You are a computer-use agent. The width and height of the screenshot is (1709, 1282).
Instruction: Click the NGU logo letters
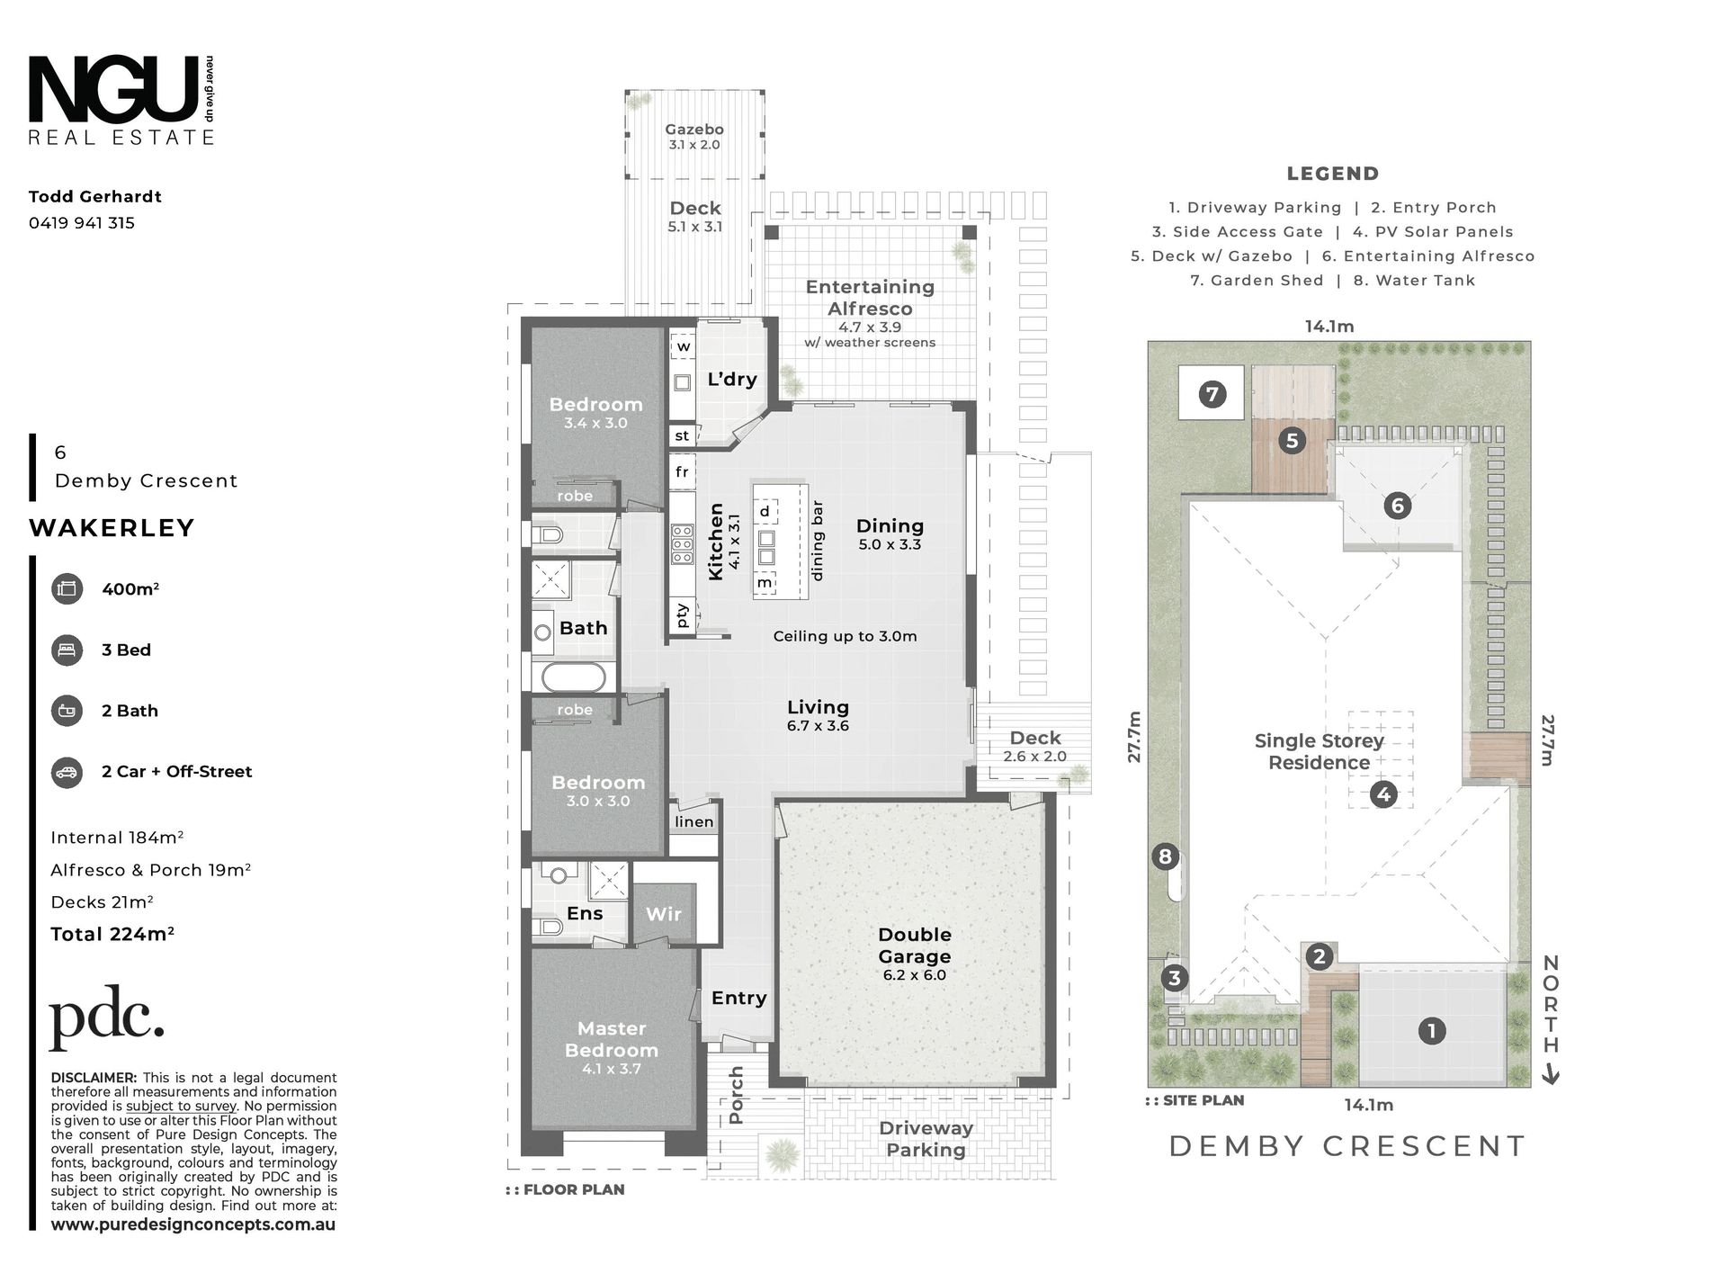point(114,89)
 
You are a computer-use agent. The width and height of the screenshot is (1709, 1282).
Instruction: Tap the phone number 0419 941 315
point(82,223)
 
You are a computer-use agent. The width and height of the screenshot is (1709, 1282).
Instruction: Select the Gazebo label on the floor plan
point(694,130)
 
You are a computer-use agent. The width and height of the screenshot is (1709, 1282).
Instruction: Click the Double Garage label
point(915,946)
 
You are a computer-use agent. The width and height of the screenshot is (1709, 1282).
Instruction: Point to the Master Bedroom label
point(612,1039)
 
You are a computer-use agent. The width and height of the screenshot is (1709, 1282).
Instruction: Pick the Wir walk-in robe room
point(664,913)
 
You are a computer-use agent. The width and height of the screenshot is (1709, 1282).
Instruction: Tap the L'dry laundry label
point(732,379)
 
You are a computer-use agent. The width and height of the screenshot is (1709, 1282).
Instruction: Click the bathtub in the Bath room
point(573,677)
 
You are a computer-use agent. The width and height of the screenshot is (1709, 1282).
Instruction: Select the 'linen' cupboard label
point(694,821)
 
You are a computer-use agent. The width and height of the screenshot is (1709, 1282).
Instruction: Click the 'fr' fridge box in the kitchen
point(683,471)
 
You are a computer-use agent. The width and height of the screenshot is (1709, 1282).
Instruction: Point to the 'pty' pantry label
point(682,614)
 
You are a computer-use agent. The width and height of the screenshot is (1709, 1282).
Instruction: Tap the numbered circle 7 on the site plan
point(1212,394)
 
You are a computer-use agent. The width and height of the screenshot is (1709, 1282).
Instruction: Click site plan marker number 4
point(1383,794)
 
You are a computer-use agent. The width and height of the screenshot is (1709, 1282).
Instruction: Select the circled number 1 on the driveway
point(1432,1031)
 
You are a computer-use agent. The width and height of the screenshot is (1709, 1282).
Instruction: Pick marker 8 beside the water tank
point(1166,856)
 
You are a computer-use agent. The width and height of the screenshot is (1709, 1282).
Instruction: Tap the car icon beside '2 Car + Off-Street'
point(67,772)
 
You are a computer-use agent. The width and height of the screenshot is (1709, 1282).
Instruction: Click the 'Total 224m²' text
point(112,934)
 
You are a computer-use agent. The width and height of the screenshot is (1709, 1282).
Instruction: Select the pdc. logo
point(107,1018)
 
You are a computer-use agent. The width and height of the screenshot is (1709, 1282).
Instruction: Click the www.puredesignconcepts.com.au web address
point(193,1224)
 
